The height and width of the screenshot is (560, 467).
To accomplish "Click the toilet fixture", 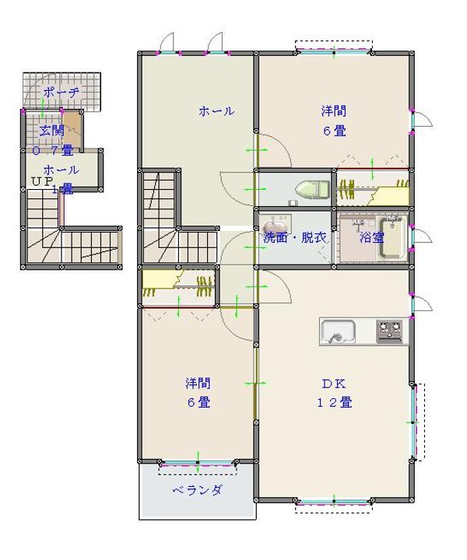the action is (312, 189).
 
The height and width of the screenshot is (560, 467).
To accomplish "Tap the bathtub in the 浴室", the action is (393, 238).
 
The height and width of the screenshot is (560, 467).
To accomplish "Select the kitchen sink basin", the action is (338, 332).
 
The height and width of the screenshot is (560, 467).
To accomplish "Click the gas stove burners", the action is (389, 331).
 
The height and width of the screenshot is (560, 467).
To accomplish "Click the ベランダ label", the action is (197, 490).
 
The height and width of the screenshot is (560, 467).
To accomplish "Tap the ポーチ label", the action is (61, 93).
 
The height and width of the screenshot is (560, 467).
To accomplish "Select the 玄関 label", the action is (52, 131).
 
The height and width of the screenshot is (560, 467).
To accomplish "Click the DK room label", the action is (334, 383).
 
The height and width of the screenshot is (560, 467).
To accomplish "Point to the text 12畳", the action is (335, 403).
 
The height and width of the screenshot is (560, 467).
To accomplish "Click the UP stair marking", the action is (43, 181).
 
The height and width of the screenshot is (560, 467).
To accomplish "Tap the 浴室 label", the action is (371, 237).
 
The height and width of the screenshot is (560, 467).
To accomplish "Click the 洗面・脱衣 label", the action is (295, 237).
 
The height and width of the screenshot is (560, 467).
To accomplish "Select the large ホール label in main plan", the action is (216, 111).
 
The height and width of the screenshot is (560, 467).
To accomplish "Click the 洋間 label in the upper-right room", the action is (334, 111).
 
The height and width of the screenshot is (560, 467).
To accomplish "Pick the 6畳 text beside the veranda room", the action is (198, 403).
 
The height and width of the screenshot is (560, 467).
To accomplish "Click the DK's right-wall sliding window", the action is (414, 422).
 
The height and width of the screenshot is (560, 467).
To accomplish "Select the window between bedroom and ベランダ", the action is (198, 464).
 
